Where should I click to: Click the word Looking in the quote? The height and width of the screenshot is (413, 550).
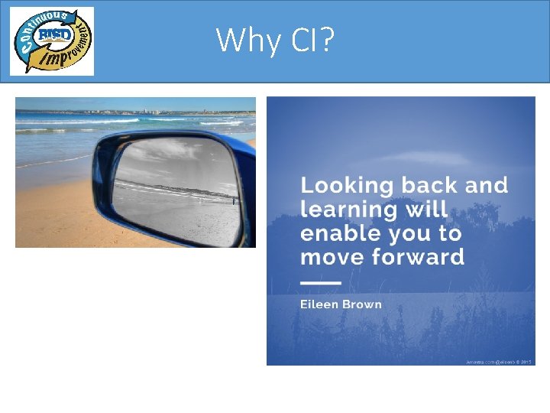pyautogui.click(x=346, y=186)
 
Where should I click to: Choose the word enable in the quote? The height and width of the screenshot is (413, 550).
pyautogui.click(x=341, y=233)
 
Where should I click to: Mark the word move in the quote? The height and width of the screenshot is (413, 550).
pyautogui.click(x=333, y=256)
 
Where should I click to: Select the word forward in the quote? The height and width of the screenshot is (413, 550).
pyautogui.click(x=419, y=256)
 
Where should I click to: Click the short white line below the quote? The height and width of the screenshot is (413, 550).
pyautogui.click(x=321, y=283)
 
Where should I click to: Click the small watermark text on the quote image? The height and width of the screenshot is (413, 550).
pyautogui.click(x=498, y=361)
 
